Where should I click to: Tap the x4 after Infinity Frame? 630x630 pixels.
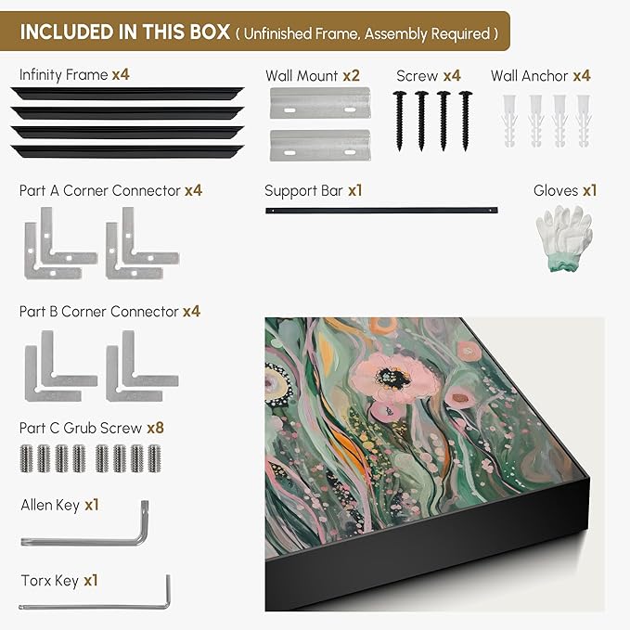(121, 74)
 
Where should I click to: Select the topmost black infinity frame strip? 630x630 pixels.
(127, 93)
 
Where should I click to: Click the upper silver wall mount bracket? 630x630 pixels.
(320, 103)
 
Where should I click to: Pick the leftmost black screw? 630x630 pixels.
(399, 121)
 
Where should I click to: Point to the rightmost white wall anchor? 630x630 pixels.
(584, 121)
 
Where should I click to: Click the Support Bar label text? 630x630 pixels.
(303, 191)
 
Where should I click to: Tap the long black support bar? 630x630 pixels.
(381, 210)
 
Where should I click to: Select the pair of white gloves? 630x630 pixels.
(564, 238)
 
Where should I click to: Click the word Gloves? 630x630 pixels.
(556, 190)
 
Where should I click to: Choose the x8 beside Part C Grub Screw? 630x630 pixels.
(156, 428)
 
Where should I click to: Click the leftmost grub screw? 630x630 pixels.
(26, 458)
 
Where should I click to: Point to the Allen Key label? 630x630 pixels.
(50, 505)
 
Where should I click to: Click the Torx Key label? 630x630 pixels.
(49, 581)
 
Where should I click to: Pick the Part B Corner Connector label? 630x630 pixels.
(99, 312)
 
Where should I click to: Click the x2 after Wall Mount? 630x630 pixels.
(351, 75)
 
